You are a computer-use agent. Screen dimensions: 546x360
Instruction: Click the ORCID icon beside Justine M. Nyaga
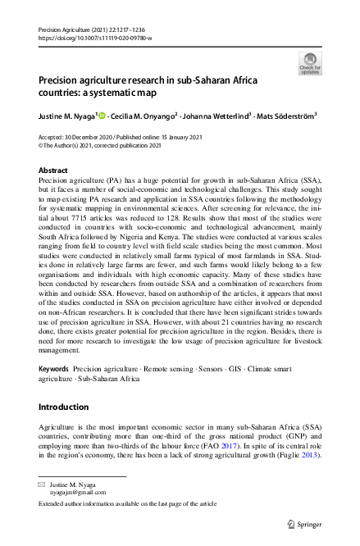(103, 116)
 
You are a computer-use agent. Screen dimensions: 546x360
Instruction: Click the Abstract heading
(54, 170)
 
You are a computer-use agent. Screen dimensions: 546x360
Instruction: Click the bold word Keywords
(55, 370)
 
